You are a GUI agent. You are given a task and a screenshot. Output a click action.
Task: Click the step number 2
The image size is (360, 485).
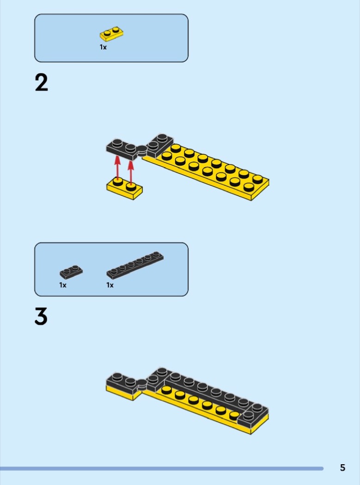click(x=42, y=83)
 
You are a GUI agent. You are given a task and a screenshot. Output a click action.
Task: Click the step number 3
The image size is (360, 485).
click(x=41, y=316)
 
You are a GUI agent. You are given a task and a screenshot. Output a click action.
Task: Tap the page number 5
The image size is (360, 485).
click(x=342, y=467)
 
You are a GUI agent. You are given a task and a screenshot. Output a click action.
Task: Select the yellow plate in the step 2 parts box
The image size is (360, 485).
click(x=111, y=34)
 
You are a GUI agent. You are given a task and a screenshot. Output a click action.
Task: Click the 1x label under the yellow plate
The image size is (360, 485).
click(x=103, y=47)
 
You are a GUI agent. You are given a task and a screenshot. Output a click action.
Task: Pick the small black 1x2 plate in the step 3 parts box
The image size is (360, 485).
click(x=71, y=272)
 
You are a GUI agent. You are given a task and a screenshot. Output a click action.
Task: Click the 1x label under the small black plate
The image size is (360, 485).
click(x=63, y=285)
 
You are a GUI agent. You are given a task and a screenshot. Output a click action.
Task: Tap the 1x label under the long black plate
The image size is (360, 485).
click(x=110, y=285)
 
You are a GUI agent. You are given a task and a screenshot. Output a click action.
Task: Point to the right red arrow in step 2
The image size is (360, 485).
click(x=131, y=173)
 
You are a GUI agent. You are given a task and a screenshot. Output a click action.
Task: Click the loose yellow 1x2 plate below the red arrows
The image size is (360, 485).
click(x=124, y=188)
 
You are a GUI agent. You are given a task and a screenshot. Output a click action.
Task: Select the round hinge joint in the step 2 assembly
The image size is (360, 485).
click(x=142, y=150)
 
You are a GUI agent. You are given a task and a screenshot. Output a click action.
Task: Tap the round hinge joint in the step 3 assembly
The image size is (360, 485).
click(x=142, y=384)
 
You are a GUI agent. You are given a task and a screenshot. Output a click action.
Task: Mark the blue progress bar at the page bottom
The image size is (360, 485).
click(x=162, y=468)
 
